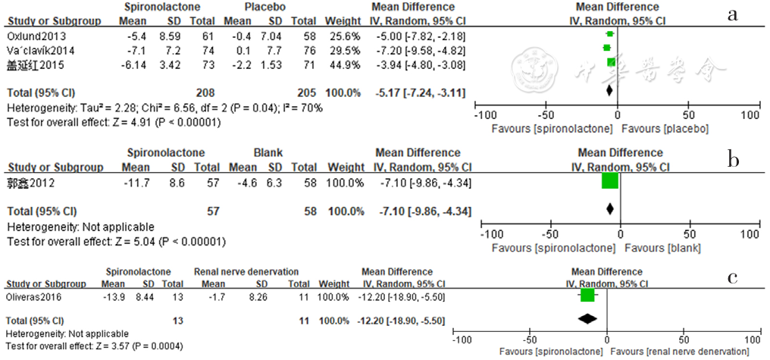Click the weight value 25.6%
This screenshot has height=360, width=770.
(x=342, y=36)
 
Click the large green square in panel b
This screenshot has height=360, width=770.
(x=610, y=181)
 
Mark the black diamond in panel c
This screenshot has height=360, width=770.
(x=587, y=321)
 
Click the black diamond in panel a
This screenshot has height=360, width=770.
(x=610, y=91)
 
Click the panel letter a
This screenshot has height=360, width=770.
(x=732, y=14)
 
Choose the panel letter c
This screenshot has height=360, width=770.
(x=733, y=277)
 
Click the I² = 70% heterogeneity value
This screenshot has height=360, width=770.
(x=303, y=108)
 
